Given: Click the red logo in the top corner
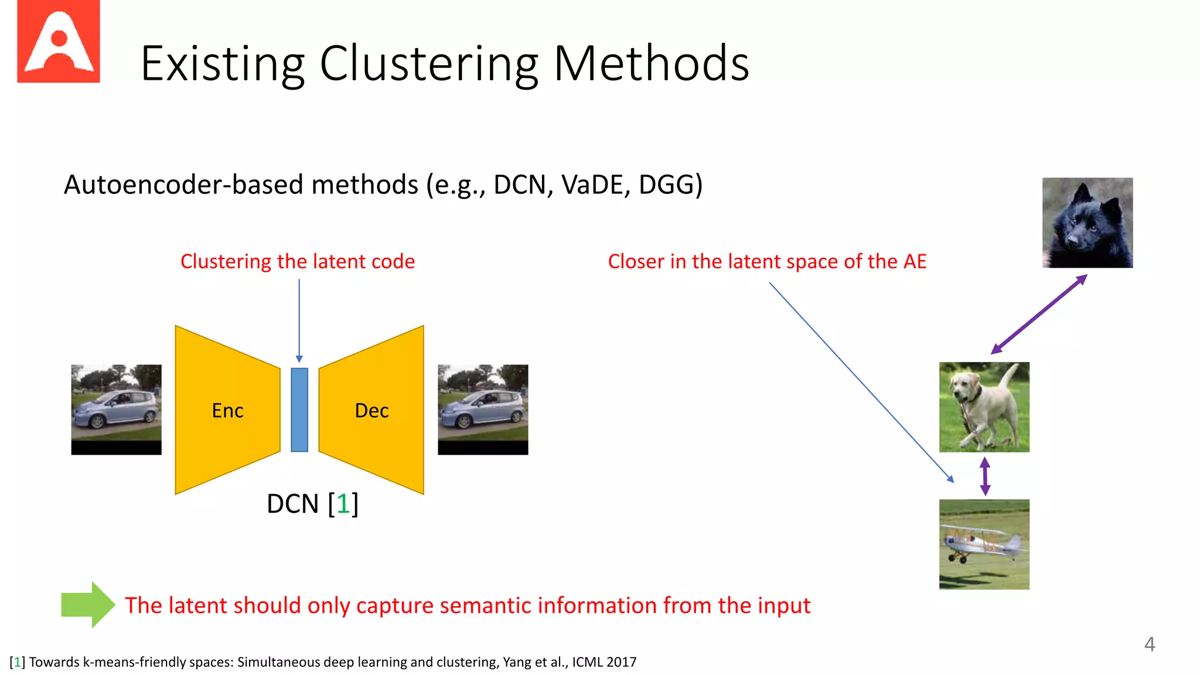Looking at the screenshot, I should tap(58, 41).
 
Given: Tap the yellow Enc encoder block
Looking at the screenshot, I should tap(227, 410).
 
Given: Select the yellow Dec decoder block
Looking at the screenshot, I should tap(371, 410).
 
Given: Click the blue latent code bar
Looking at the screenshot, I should tap(299, 410).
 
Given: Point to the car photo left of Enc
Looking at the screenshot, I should tap(116, 409).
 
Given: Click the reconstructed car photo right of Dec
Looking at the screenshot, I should tap(483, 409).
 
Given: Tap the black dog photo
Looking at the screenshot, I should tap(1087, 223).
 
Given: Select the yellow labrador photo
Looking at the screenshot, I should tap(984, 407).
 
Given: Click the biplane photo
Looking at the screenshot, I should tap(984, 544).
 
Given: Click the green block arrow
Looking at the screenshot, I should tap(88, 605).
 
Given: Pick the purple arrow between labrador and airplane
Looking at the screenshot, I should tap(985, 476).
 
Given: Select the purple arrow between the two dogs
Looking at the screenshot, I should tap(1039, 314).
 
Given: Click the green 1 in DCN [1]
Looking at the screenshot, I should tap(343, 503).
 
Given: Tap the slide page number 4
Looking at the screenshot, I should tap(1149, 644).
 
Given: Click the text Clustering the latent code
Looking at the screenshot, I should tap(297, 261).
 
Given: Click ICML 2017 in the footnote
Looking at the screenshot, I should tap(604, 662).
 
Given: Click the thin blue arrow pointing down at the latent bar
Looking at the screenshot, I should tap(299, 319).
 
